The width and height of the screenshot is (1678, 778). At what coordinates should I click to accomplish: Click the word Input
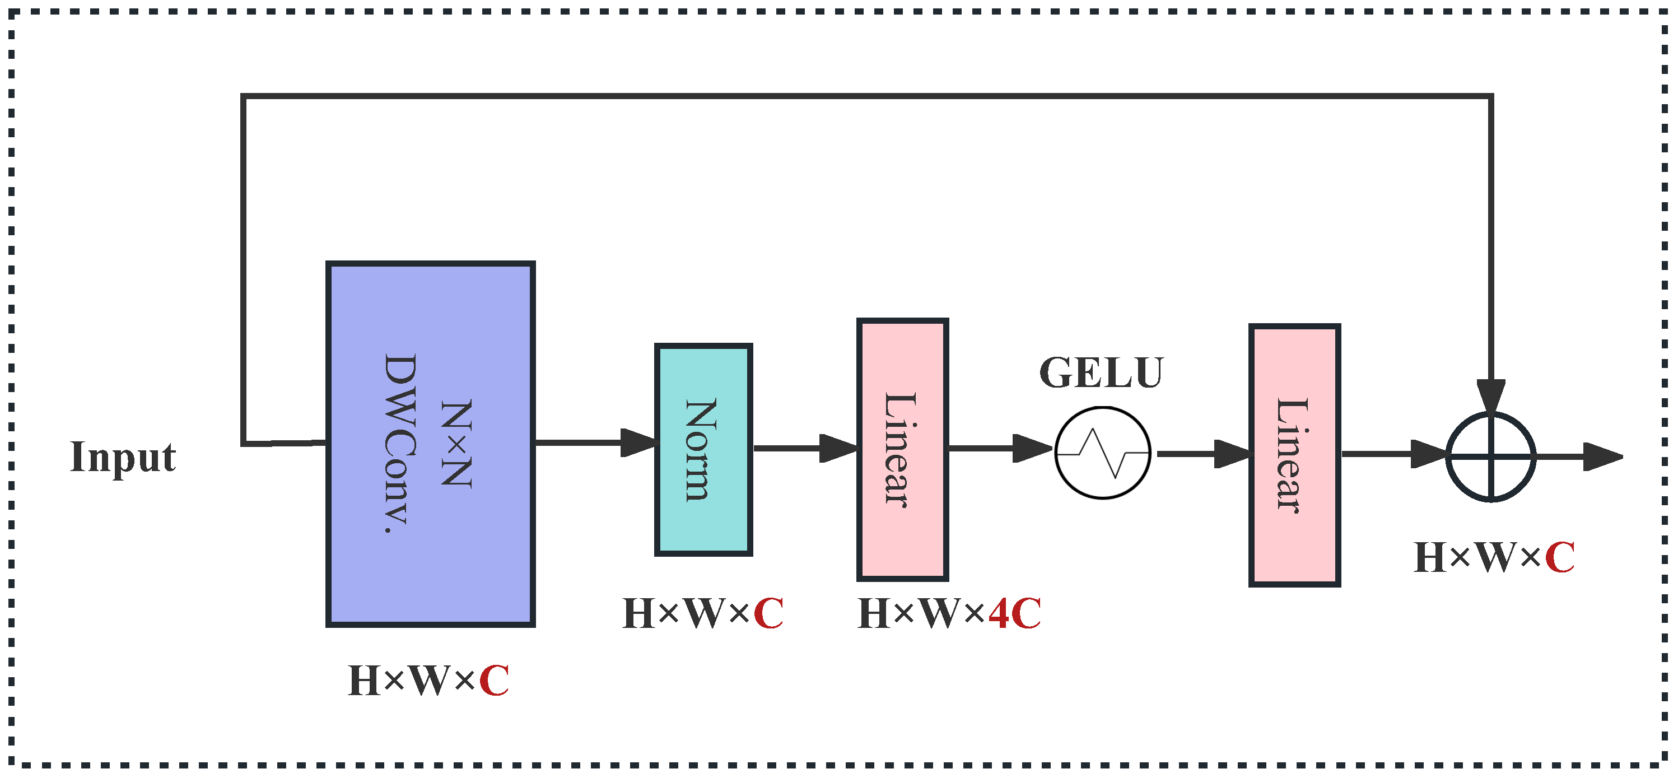123,458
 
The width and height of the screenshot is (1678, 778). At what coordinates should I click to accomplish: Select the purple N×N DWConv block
430,444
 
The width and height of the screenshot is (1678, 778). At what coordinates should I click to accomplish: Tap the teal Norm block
703,450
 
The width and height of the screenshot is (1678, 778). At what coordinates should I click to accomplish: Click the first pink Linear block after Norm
902,450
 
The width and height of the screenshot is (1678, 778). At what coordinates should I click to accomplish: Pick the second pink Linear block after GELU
1294,455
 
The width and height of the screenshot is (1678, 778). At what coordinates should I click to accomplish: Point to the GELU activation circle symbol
1102,453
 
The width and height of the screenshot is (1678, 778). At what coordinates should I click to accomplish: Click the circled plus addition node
1490,456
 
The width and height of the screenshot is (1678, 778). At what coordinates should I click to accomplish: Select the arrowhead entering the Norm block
638,442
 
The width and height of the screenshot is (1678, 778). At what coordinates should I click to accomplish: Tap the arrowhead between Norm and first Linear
837,448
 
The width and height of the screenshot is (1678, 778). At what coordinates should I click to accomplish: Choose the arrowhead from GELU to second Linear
1231,454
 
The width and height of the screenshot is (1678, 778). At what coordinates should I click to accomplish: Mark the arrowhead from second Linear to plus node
1428,454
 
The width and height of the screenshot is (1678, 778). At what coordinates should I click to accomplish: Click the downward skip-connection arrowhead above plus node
1490,395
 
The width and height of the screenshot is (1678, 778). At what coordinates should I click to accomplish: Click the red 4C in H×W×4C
1014,614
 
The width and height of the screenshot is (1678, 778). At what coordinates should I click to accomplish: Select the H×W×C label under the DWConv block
428,681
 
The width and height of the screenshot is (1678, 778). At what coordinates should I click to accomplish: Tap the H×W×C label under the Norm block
702,614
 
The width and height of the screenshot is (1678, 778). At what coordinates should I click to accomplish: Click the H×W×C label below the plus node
1494,558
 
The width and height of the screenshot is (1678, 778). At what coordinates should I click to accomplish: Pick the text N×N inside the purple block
455,443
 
